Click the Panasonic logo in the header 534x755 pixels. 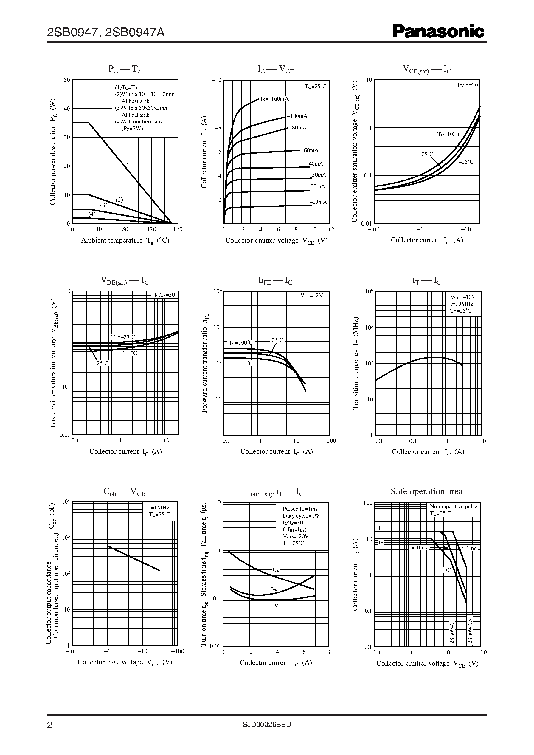[438, 32]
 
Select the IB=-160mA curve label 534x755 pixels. [274, 99]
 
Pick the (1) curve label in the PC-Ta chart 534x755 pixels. [130, 162]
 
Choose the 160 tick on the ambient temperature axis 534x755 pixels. [178, 229]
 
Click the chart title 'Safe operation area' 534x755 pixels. [426, 491]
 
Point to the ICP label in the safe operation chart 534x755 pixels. [382, 528]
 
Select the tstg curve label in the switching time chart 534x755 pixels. [276, 570]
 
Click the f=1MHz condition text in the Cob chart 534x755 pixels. [159, 508]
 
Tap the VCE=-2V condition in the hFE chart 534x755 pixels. [312, 295]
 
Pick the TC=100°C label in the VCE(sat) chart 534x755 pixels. [449, 134]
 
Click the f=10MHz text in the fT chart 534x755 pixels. [462, 304]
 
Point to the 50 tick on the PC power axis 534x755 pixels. [67, 80]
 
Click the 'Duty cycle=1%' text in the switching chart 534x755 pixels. [301, 516]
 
